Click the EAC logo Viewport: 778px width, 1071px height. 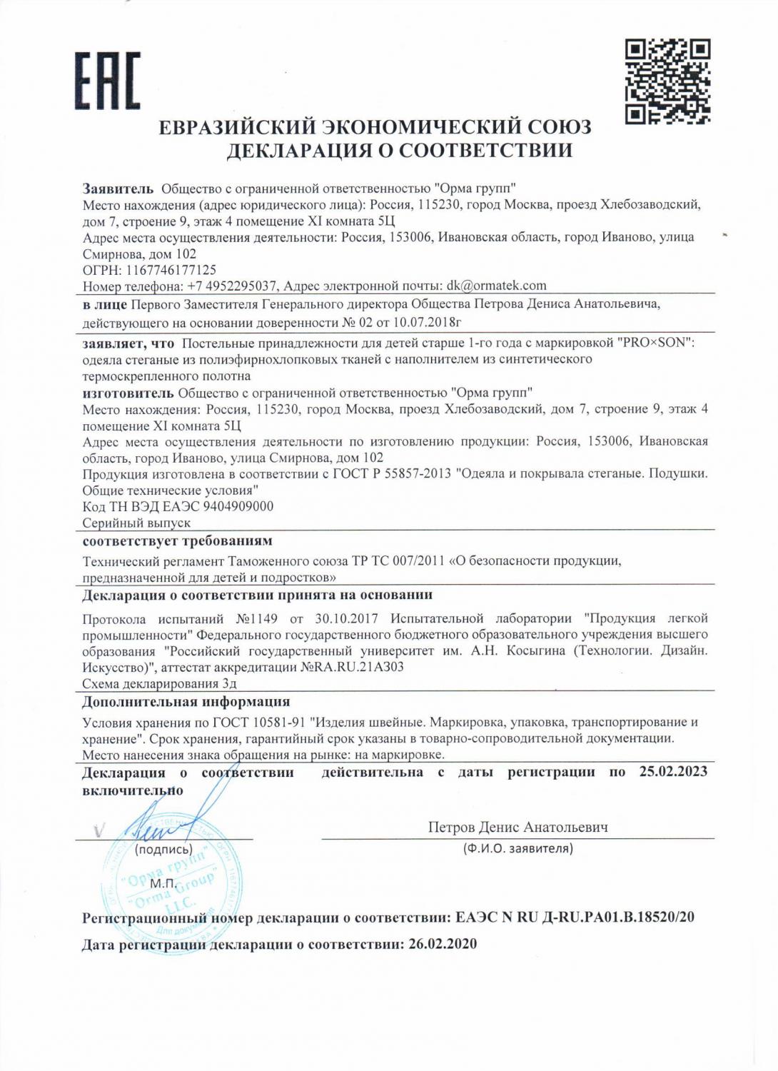(109, 81)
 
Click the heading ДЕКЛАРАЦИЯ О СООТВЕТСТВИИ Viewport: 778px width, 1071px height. (399, 151)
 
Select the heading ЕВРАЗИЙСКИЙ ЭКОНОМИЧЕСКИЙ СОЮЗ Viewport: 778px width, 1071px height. (375, 127)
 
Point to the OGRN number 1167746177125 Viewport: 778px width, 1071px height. (171, 270)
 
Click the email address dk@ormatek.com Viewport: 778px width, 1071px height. (497, 286)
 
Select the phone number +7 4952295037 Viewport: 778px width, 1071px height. (232, 286)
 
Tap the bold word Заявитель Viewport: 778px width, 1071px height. (118, 188)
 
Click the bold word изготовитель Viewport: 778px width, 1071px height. (128, 392)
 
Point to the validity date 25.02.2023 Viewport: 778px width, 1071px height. (673, 772)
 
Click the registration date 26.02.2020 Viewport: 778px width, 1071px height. (443, 944)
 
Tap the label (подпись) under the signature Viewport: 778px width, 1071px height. (163, 850)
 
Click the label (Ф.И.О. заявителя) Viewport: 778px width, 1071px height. (517, 849)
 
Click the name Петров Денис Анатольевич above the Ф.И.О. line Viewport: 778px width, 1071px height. (517, 828)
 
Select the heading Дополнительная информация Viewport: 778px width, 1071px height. (186, 701)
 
